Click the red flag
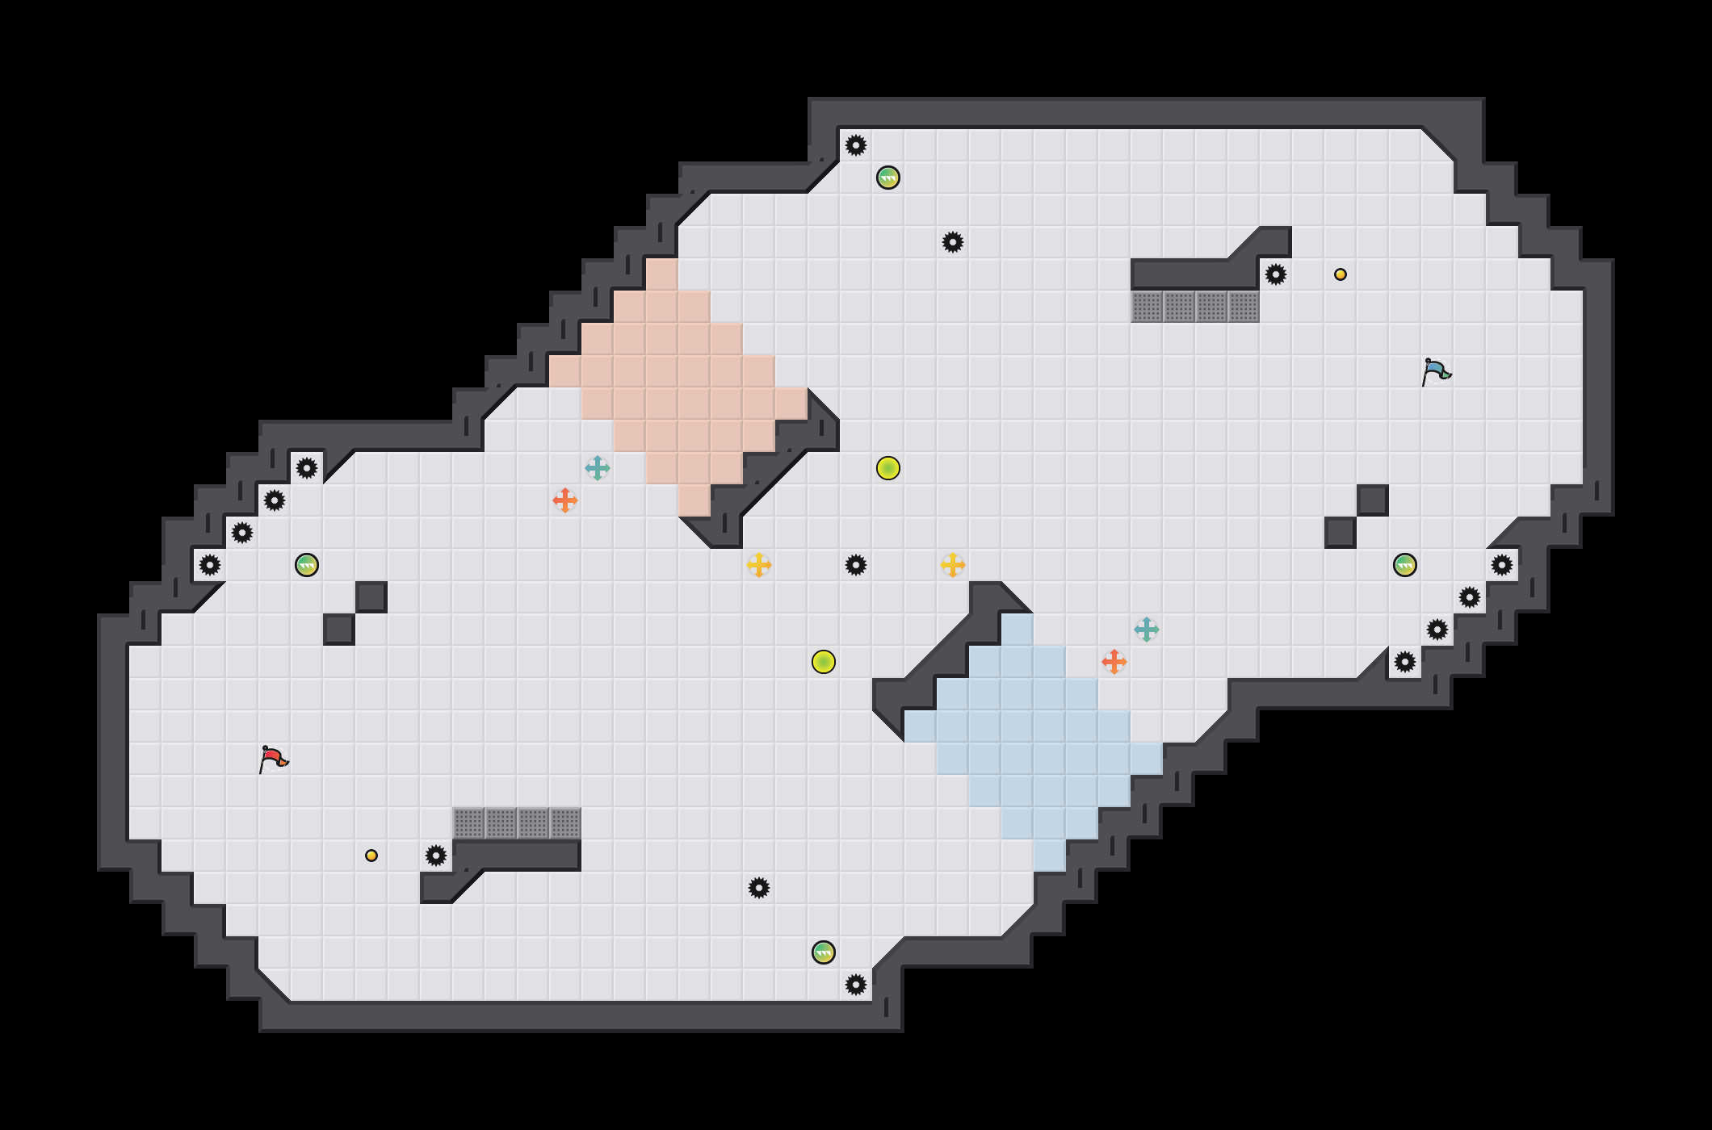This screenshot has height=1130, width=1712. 273,759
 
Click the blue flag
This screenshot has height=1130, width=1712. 1436,371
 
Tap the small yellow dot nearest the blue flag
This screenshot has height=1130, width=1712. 1341,274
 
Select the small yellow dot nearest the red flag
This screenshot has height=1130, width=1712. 371,856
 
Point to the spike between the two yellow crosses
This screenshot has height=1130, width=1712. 856,565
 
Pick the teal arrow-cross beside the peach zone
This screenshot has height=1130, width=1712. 598,468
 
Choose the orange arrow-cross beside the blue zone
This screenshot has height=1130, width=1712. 1114,662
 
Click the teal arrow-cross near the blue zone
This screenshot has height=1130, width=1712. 1147,630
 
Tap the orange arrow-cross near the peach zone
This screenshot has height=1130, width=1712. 565,500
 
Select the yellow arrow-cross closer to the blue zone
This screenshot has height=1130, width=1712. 953,565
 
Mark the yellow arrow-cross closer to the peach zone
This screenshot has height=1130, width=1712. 759,565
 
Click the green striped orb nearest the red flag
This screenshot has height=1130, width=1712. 307,565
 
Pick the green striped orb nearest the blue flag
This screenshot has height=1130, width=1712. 1405,565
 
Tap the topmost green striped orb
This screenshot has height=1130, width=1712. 888,178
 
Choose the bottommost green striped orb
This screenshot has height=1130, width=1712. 824,952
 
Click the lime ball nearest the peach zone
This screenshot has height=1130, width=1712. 888,468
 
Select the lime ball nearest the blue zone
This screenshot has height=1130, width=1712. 824,662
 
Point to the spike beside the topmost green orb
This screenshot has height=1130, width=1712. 856,145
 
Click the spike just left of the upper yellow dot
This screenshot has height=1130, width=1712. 1276,274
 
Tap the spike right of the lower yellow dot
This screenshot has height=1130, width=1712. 436,856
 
